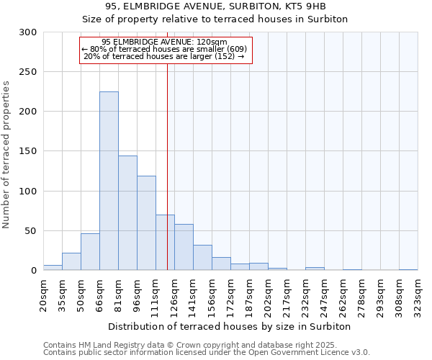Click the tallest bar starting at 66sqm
[109, 181]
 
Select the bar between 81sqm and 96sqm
[127, 213]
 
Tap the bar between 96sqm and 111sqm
[146, 223]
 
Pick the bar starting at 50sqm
[90, 252]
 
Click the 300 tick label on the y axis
[28, 32]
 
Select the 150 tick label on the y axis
[28, 151]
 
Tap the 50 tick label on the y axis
[31, 231]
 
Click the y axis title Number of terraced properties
[6, 154]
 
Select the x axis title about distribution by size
[230, 326]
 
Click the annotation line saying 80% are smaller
[165, 49]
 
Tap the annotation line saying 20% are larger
[165, 56]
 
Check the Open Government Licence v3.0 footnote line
[206, 352]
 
